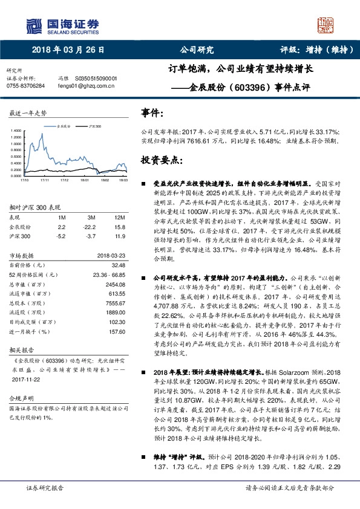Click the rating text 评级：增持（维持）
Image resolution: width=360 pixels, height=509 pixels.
tap(309, 50)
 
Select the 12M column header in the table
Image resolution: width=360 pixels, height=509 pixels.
tap(119, 216)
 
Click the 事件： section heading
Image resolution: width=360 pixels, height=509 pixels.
tap(152, 112)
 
